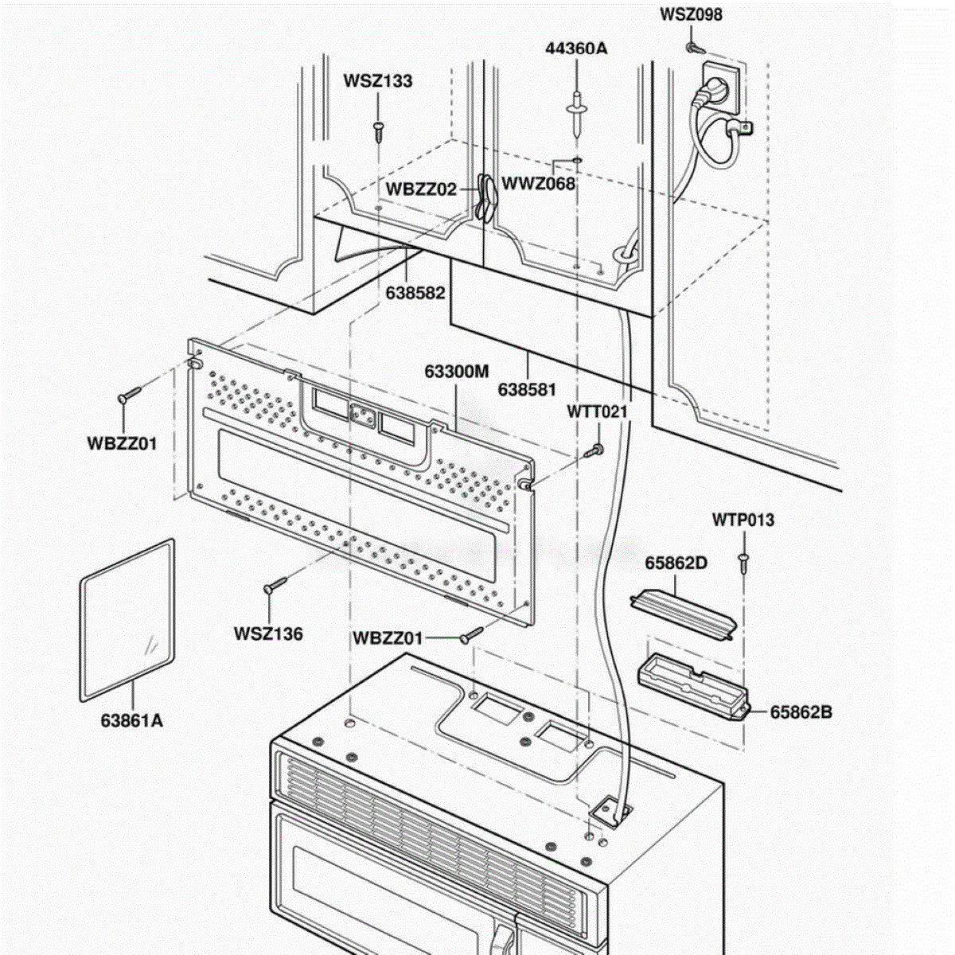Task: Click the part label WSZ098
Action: (690, 14)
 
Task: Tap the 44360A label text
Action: (576, 48)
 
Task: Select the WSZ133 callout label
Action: (378, 81)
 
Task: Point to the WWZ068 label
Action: (538, 184)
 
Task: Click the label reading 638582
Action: (415, 293)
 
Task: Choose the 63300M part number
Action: (457, 371)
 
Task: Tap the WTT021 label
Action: (597, 411)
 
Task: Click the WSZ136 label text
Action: (268, 633)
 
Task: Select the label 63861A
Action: (132, 720)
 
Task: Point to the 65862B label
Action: (801, 712)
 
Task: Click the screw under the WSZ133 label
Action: (379, 131)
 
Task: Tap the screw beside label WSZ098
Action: (696, 49)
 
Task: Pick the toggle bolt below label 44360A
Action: (577, 114)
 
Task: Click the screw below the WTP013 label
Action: (743, 563)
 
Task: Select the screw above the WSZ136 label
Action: (275, 585)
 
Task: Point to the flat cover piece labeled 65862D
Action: (684, 614)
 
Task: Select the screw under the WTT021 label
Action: (594, 450)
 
